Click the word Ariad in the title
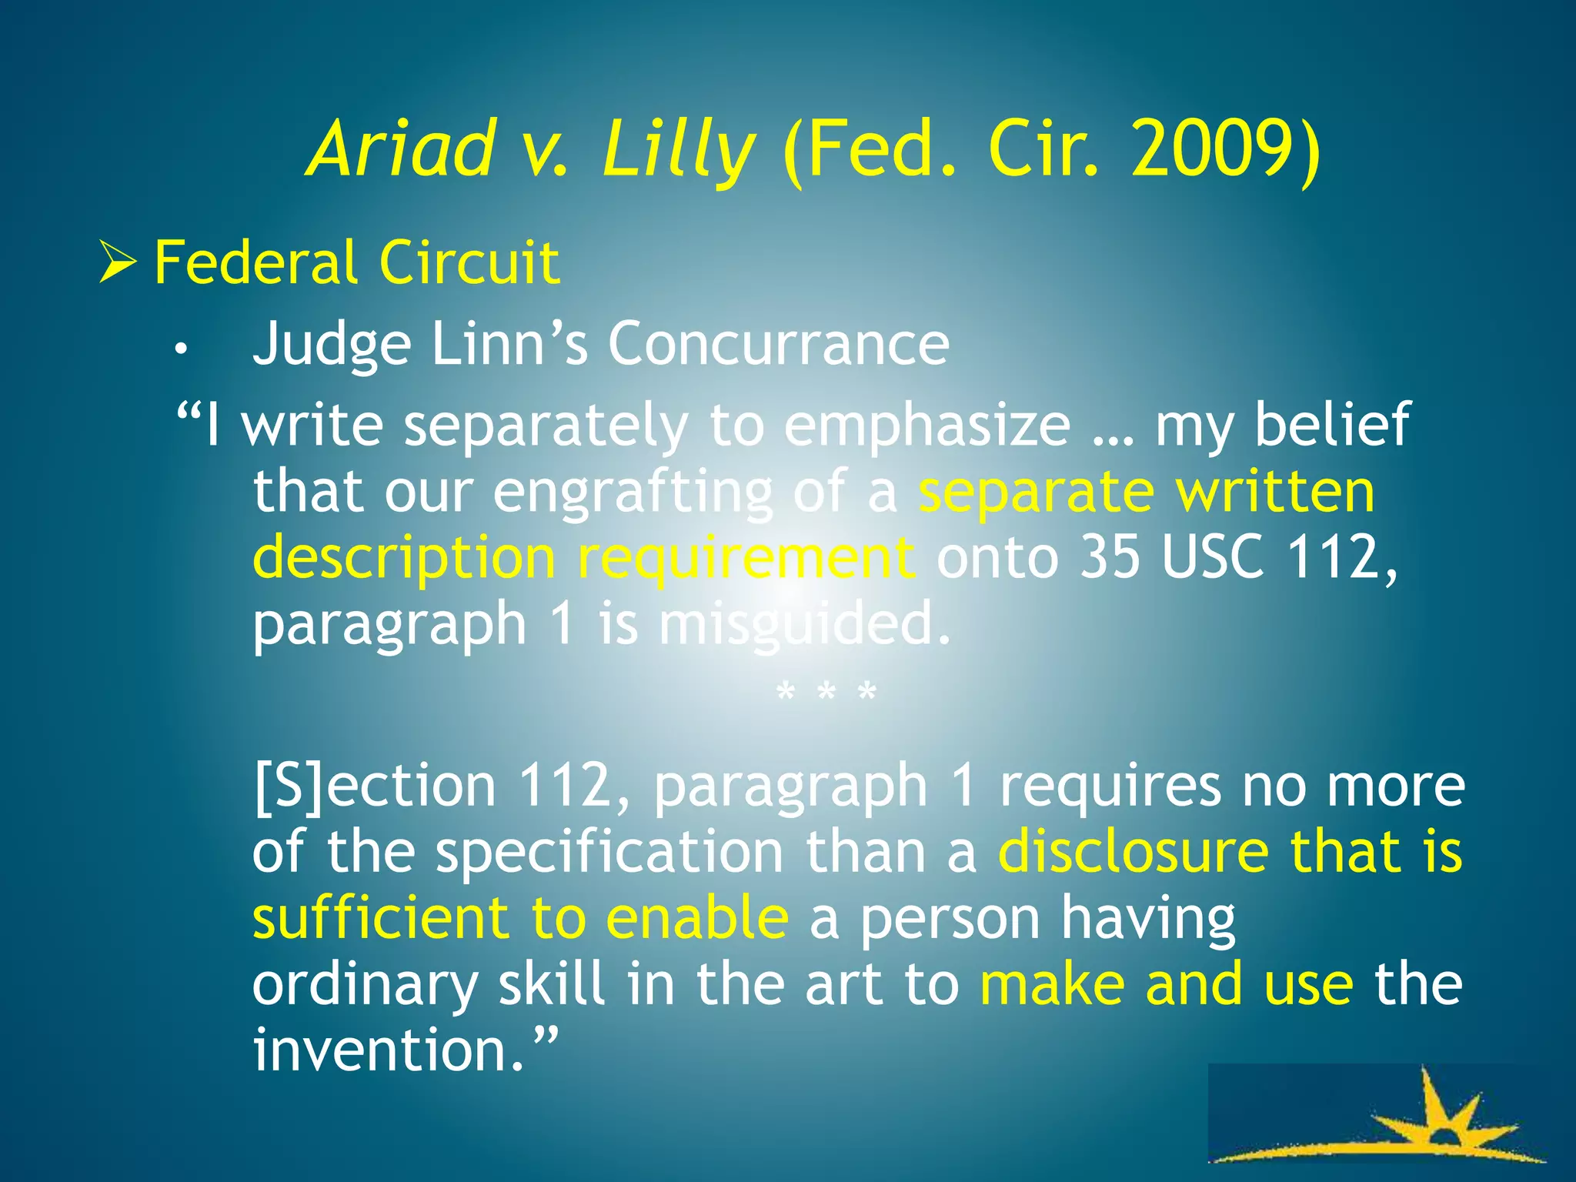pyautogui.click(x=401, y=149)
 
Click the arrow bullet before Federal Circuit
pyautogui.click(x=117, y=263)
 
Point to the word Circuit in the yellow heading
pyautogui.click(x=469, y=262)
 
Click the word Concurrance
pyautogui.click(x=778, y=344)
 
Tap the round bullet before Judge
pyautogui.click(x=180, y=349)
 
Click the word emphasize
pyautogui.click(x=927, y=426)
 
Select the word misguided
pyautogui.click(x=804, y=624)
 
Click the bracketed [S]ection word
pyautogui.click(x=375, y=786)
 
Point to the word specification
pyautogui.click(x=609, y=853)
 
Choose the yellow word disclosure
pyautogui.click(x=1133, y=853)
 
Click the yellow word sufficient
pyautogui.click(x=380, y=918)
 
